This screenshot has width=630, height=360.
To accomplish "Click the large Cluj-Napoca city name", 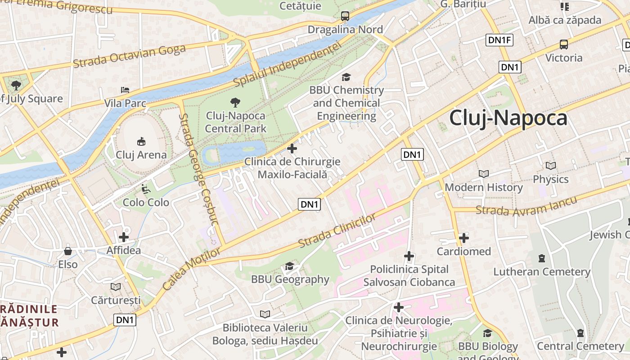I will click(x=508, y=118).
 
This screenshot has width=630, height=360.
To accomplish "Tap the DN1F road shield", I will click(x=499, y=40).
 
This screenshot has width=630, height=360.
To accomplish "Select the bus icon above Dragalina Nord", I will click(x=345, y=16).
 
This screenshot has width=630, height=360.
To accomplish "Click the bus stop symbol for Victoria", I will click(x=564, y=45).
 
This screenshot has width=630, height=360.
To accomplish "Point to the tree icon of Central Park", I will click(x=235, y=103).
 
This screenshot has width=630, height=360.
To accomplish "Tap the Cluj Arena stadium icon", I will click(x=141, y=141).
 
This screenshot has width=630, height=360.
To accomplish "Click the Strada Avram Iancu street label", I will click(x=526, y=206).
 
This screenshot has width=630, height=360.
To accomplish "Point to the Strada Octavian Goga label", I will click(x=129, y=57).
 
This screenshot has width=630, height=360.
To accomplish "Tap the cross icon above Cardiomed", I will click(x=464, y=238).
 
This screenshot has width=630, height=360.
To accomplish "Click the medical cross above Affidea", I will click(x=124, y=237).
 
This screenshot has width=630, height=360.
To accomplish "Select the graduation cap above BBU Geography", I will click(x=289, y=266).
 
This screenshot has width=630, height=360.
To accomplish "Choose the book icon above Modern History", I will click(x=484, y=174).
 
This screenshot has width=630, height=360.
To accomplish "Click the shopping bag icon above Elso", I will click(x=68, y=251).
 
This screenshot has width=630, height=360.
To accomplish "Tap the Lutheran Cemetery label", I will click(x=542, y=272).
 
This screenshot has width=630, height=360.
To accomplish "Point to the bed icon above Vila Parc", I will click(x=125, y=90).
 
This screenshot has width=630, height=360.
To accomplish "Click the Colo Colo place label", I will click(x=146, y=202).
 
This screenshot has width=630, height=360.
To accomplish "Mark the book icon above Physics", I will click(x=550, y=166).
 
